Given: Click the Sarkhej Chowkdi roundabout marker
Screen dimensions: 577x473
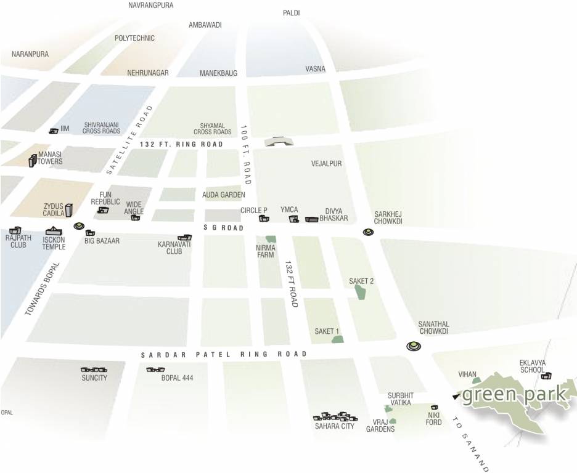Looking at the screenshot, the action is pyautogui.click(x=368, y=232).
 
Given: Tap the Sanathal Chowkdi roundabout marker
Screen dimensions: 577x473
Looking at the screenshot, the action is pyautogui.click(x=414, y=347).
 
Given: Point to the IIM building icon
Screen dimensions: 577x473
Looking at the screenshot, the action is pyautogui.click(x=54, y=130).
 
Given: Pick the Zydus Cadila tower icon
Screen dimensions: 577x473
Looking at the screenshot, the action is pyautogui.click(x=69, y=211).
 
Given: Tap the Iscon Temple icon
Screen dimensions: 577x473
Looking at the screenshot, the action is pyautogui.click(x=53, y=232).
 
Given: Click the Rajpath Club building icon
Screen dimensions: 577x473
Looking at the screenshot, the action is pyautogui.click(x=15, y=230).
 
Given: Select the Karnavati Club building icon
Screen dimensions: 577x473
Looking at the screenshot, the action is pyautogui.click(x=184, y=237).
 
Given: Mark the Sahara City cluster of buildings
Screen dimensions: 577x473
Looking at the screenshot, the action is pyautogui.click(x=335, y=417).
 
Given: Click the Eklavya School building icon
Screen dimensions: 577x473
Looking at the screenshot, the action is pyautogui.click(x=546, y=375).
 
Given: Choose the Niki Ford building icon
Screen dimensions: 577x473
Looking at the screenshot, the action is pyautogui.click(x=435, y=407).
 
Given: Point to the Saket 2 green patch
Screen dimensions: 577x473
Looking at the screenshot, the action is pyautogui.click(x=361, y=292).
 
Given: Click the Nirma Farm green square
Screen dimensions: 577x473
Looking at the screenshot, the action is pyautogui.click(x=270, y=239).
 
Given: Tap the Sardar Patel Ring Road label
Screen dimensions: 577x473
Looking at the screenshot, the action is pyautogui.click(x=224, y=355).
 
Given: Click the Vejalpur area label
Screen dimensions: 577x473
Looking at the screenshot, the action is pyautogui.click(x=326, y=164).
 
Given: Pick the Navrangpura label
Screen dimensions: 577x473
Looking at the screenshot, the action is pyautogui.click(x=151, y=6).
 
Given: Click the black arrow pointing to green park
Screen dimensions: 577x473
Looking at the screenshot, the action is pyautogui.click(x=455, y=397).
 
